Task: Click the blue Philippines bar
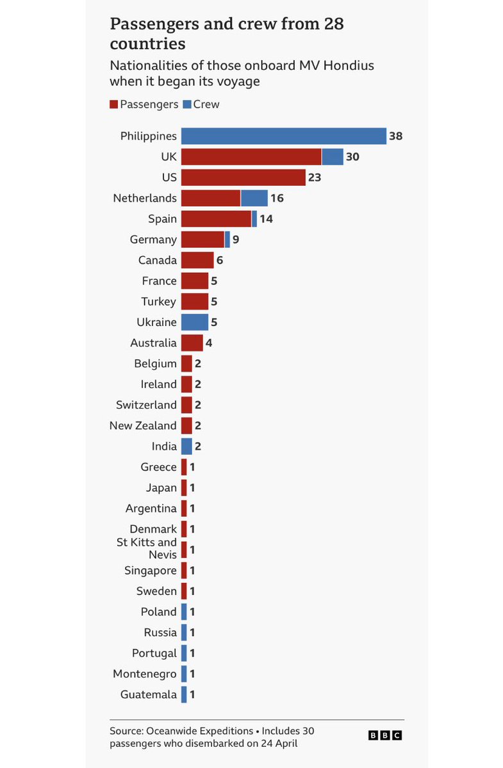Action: click(284, 136)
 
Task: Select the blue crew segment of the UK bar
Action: click(333, 157)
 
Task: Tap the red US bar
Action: click(243, 177)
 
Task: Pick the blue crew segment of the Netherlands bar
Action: click(254, 198)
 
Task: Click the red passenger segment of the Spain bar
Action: click(216, 218)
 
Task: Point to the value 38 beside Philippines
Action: click(396, 136)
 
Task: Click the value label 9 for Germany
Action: click(236, 240)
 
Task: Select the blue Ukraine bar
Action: click(194, 322)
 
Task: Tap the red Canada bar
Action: click(197, 260)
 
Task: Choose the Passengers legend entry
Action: click(144, 104)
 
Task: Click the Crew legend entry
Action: click(201, 104)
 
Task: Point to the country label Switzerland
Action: click(146, 405)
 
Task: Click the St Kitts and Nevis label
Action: click(147, 548)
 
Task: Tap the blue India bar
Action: click(186, 446)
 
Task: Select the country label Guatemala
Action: click(149, 694)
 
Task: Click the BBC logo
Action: click(385, 735)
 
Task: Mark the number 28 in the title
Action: click(333, 24)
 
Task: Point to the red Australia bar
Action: click(192, 343)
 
